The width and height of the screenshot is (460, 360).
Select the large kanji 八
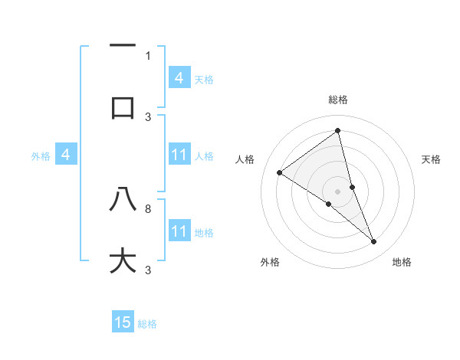(123, 200)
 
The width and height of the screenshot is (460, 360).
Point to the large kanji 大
(123, 260)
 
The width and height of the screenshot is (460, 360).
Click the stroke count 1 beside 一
(148, 55)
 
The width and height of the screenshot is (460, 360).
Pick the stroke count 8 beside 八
(148, 208)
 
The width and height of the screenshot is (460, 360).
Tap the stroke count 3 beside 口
(148, 116)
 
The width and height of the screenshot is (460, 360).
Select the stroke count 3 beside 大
(148, 270)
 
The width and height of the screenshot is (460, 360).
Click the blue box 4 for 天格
(179, 77)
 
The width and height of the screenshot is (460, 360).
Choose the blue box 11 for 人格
(179, 155)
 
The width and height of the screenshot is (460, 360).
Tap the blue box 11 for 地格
(179, 231)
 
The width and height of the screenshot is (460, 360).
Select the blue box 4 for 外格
(66, 155)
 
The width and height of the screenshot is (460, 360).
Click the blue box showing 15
(123, 322)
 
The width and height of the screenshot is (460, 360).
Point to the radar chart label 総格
(338, 100)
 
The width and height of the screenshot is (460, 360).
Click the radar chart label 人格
(245, 159)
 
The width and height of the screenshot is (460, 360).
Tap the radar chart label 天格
(431, 159)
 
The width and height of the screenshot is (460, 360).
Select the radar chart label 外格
(270, 262)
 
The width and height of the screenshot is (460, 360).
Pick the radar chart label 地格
(402, 262)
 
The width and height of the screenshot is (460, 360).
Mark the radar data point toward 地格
(374, 242)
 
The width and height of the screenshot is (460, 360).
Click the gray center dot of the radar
(338, 191)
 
